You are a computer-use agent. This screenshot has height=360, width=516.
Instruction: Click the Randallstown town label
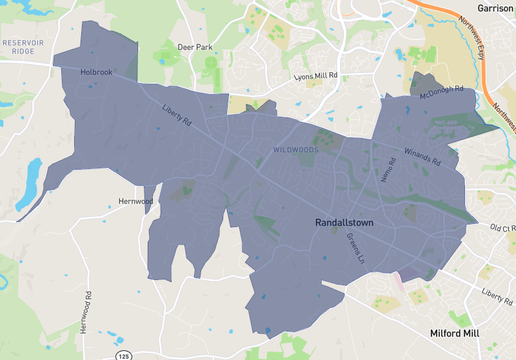[x=345, y=225]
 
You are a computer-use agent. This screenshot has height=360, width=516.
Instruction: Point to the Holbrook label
[x=97, y=72]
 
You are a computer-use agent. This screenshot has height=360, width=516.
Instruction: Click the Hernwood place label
[x=135, y=202]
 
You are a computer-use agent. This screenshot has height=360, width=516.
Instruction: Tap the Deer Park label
[x=195, y=46]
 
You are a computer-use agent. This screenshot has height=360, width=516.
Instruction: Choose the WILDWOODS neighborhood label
[x=296, y=150]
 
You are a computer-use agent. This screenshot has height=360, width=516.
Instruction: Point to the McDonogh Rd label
[x=442, y=92]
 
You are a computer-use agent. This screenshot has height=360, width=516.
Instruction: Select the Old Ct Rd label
[x=502, y=228]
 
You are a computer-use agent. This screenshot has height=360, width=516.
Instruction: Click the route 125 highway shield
[x=123, y=355]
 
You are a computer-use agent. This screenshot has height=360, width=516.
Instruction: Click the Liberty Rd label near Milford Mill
[x=496, y=295]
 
